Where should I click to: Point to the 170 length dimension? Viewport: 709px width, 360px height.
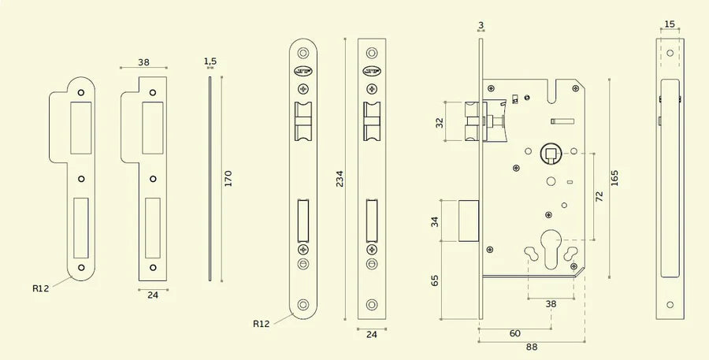coord(228,178)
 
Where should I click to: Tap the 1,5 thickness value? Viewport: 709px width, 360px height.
coord(210,61)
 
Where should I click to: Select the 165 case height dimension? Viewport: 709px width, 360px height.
coord(614,178)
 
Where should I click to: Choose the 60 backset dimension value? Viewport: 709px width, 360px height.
coord(514,333)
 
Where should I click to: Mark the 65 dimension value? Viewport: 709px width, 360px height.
coord(436,281)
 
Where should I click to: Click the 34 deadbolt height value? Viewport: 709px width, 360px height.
coord(436,221)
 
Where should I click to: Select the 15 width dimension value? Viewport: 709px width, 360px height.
coord(670,24)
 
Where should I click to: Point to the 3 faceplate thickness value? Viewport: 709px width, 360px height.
coord(481,25)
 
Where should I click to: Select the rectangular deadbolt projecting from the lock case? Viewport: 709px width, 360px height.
coord(468,221)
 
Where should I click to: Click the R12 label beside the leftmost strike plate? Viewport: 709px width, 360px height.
coord(41,288)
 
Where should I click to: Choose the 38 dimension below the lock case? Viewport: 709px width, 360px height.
coord(551,303)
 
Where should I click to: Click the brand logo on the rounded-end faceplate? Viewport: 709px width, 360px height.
coord(303,71)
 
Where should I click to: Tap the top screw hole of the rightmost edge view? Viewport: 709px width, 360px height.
coord(670,53)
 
